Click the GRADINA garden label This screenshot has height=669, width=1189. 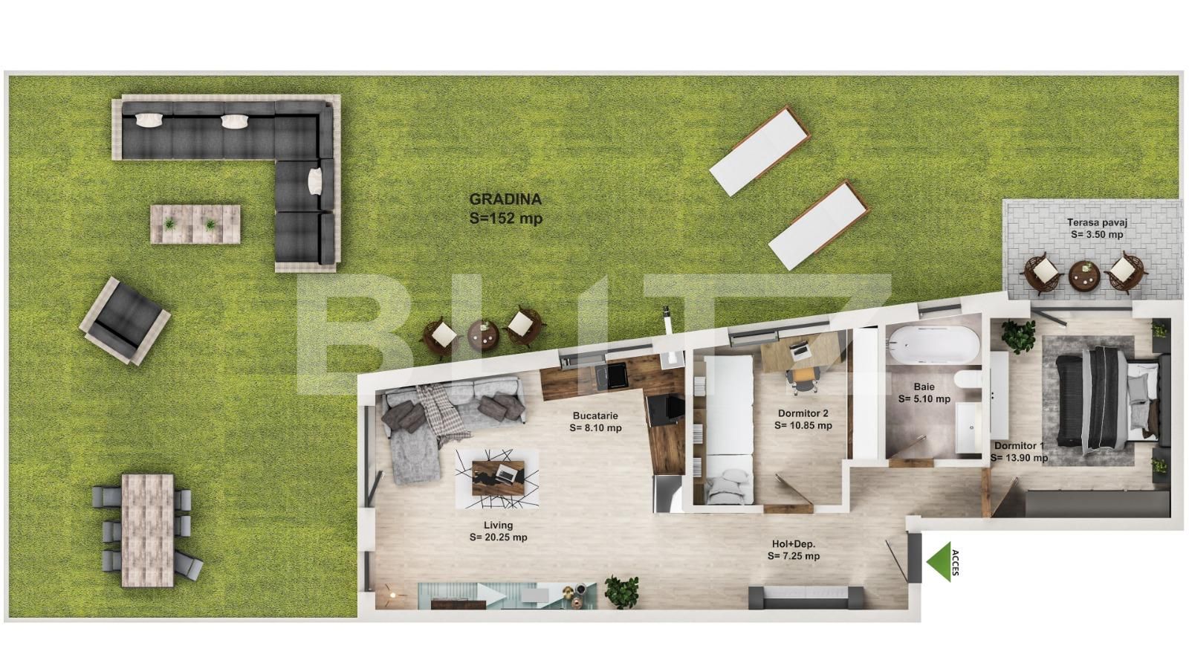[x=505, y=200]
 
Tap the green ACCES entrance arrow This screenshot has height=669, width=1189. [x=939, y=562]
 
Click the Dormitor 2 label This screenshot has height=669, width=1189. [x=803, y=413]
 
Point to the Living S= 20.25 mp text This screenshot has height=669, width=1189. [x=499, y=531]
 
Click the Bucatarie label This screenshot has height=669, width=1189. [x=595, y=416]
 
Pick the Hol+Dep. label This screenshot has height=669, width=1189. [x=794, y=544]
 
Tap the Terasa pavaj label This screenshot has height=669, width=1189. [x=1097, y=223]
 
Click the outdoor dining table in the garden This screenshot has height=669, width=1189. [x=148, y=531]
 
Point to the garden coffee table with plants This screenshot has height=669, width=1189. [x=195, y=224]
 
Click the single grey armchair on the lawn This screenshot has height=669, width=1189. [x=125, y=320]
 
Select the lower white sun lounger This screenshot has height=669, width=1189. [x=820, y=225]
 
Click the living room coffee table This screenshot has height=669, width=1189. [x=498, y=474]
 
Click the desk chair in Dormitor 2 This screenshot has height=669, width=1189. [x=801, y=378]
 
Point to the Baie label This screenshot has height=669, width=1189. [x=924, y=387]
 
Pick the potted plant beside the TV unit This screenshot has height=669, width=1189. [x=621, y=592]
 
